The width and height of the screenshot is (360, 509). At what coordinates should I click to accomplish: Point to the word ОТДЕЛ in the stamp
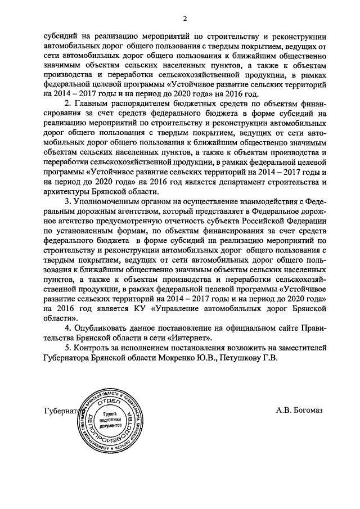(108, 401)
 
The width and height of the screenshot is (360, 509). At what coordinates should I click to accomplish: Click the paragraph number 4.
(66, 327)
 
